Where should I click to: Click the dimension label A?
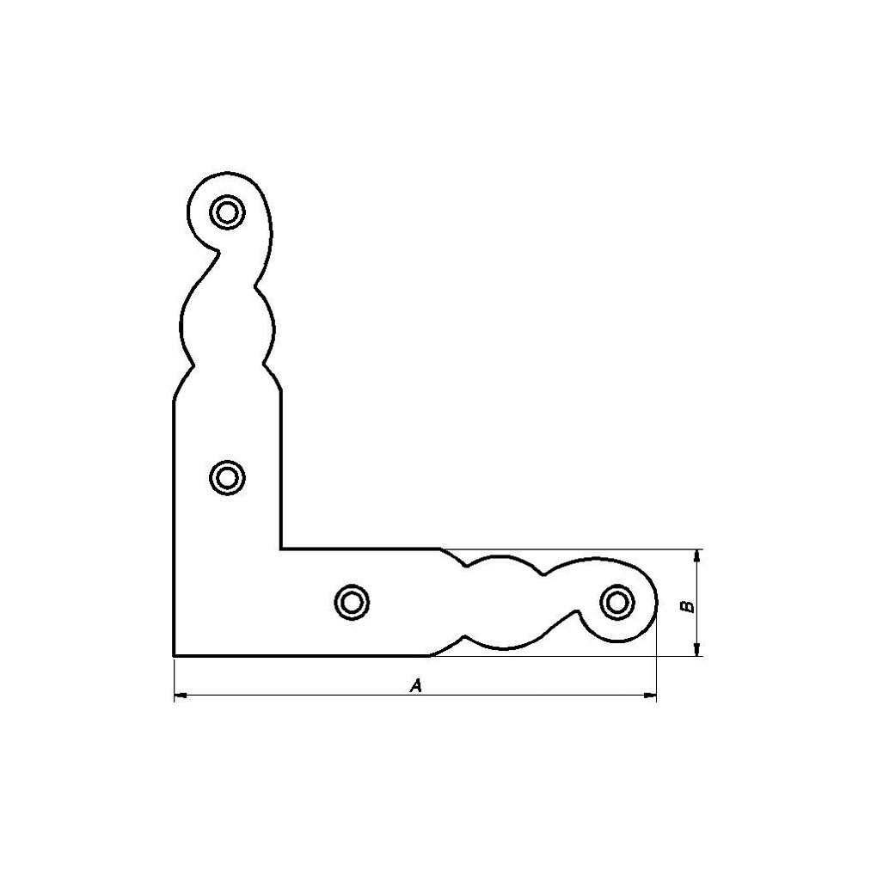(x=415, y=685)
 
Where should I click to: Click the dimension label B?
(x=689, y=606)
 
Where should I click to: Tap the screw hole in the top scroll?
(x=227, y=212)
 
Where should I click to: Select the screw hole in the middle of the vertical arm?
(x=227, y=478)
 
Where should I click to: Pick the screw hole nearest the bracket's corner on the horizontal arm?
(x=352, y=603)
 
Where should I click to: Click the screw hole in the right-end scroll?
(x=617, y=603)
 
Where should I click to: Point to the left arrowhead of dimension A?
(x=180, y=696)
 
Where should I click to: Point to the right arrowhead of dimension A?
(x=650, y=696)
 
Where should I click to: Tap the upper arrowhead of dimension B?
(x=696, y=556)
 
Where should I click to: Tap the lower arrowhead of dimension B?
(x=696, y=649)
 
